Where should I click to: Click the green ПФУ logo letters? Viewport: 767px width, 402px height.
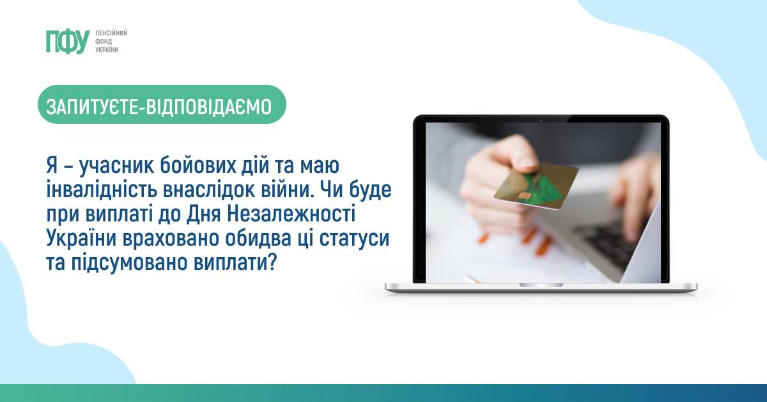[68, 41]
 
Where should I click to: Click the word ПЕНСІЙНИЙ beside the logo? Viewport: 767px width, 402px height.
[111, 33]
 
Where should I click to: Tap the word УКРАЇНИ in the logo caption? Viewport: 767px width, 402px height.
[107, 50]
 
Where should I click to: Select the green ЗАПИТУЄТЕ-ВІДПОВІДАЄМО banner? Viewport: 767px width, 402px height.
[162, 104]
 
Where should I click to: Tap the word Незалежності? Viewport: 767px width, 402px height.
[291, 214]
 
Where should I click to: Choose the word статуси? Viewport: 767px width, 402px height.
[355, 238]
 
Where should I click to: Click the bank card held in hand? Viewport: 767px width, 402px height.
[535, 186]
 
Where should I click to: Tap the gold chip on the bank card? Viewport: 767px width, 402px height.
[524, 196]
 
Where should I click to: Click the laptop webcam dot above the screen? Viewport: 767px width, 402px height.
[541, 121]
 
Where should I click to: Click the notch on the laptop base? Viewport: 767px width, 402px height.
[541, 285]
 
